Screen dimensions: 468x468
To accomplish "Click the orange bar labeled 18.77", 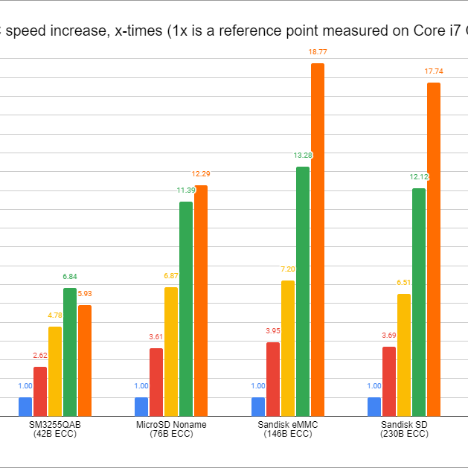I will (x=318, y=240).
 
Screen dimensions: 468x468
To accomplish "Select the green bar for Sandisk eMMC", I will (x=303, y=292).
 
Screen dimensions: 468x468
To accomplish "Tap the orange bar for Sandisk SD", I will (x=434, y=249).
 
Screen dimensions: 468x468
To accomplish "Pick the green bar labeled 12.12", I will (x=419, y=302).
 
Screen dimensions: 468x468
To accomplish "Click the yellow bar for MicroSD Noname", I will (x=171, y=351).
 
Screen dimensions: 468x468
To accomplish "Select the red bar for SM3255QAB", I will (x=40, y=391).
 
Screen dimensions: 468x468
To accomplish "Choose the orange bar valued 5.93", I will (x=85, y=360).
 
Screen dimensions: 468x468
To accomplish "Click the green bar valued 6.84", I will (x=70, y=352).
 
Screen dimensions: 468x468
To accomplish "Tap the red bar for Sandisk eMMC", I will (x=273, y=379).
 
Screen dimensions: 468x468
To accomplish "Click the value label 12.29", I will (x=201, y=174).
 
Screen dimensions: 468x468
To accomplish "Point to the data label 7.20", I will (x=288, y=269).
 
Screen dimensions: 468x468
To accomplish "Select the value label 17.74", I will (x=434, y=71).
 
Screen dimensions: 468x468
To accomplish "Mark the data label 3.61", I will (x=156, y=337).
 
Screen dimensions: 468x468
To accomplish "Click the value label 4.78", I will (x=55, y=315).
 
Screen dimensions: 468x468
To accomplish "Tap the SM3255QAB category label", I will (x=55, y=424).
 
